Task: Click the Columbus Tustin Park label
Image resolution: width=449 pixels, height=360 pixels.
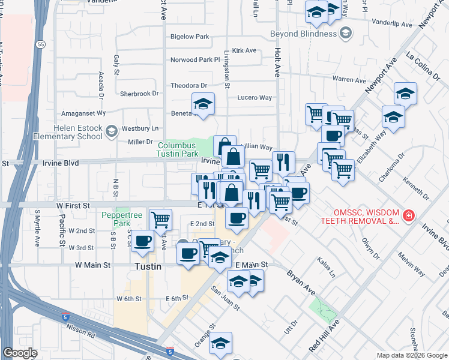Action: (x=178, y=149)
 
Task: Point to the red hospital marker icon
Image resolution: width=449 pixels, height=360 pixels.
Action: (x=409, y=215)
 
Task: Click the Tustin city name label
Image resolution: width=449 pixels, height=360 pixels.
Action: (x=147, y=266)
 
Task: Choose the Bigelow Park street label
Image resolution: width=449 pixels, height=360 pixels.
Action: (x=190, y=37)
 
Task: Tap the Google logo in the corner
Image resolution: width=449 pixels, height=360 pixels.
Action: (x=20, y=353)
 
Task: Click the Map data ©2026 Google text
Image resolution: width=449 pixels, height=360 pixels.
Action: (x=411, y=355)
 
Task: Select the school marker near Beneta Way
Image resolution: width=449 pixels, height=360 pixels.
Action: (x=203, y=104)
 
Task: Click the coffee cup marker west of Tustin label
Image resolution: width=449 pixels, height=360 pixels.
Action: (x=142, y=241)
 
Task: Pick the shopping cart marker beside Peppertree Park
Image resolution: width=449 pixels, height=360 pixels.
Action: (x=160, y=220)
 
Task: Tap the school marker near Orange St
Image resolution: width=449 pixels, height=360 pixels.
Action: (x=220, y=343)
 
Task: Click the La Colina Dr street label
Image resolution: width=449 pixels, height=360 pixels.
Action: (x=424, y=65)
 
